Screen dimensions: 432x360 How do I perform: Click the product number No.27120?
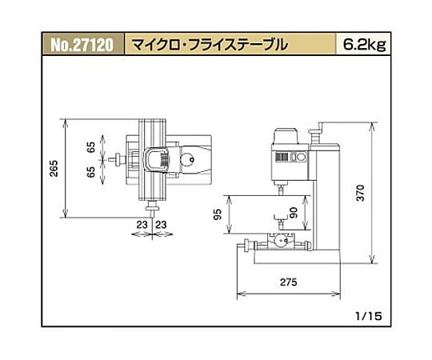click(x=82, y=45)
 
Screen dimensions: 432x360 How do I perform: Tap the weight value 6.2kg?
click(x=365, y=44)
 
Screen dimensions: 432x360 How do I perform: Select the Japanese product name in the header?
click(x=209, y=45)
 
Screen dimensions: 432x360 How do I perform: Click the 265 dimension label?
click(x=54, y=168)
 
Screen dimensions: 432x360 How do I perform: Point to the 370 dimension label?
click(x=360, y=193)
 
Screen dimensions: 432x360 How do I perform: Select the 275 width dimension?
click(x=289, y=282)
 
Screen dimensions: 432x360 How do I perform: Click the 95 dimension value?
click(x=218, y=214)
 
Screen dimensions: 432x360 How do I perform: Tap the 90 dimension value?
click(x=294, y=213)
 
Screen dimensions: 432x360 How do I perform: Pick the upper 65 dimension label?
click(x=90, y=147)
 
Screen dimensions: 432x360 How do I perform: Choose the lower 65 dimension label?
click(x=90, y=172)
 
